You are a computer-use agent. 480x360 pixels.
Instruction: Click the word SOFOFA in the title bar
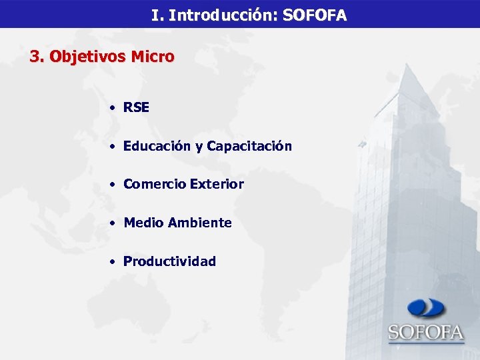coord(314,15)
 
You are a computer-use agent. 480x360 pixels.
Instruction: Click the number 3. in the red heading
coord(37,57)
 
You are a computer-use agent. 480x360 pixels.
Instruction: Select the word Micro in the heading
coord(153,57)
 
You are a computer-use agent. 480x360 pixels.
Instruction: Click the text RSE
coord(136,107)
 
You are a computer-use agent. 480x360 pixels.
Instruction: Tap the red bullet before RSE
coord(115,108)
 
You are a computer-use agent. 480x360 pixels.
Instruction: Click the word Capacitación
coord(249,146)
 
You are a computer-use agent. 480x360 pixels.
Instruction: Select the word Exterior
coord(217,184)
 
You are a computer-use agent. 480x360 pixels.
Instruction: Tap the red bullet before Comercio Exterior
coord(115,185)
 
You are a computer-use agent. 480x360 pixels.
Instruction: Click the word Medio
coord(143,223)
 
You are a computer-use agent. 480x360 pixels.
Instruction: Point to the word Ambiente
coord(199,223)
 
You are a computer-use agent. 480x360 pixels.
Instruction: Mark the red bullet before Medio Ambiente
coord(115,223)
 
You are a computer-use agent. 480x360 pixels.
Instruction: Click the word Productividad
coord(169,261)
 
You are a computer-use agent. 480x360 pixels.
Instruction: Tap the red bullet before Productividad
coord(115,262)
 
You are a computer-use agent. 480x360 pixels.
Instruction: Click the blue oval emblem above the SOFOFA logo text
coord(427,308)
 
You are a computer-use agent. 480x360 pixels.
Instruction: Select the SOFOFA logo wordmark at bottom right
coord(426,331)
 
